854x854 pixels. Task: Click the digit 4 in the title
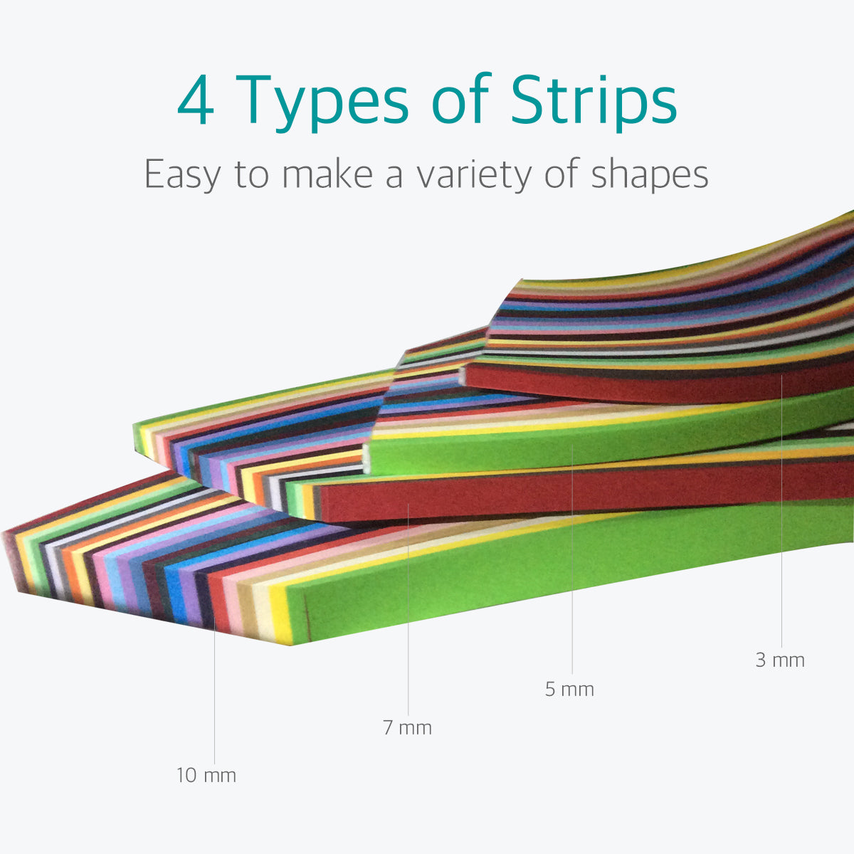click(x=196, y=100)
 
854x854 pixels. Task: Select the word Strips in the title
click(x=594, y=102)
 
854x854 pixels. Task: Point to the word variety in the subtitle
click(x=474, y=175)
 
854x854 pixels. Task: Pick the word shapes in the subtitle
click(x=649, y=175)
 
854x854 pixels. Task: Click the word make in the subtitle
click(x=327, y=173)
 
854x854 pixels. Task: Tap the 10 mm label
click(x=206, y=776)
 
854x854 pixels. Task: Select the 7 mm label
click(x=407, y=728)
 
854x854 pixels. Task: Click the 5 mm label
click(x=569, y=689)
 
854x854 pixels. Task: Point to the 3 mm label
click(x=780, y=660)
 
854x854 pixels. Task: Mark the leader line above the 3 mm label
click(x=781, y=511)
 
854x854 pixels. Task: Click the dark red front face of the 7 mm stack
click(x=576, y=490)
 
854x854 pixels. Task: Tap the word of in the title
click(x=460, y=98)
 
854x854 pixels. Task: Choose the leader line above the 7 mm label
click(x=408, y=609)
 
